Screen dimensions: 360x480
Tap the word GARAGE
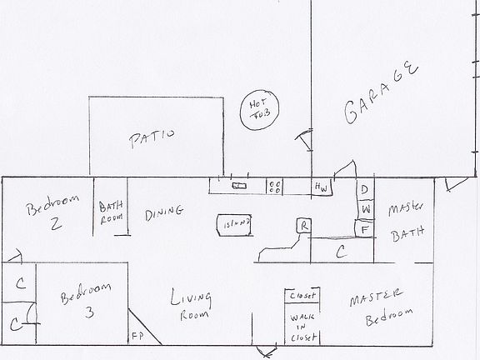(x=379, y=93)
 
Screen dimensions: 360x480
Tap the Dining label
(x=163, y=212)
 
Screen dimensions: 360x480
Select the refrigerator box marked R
(x=305, y=225)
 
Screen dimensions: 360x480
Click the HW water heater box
(x=320, y=187)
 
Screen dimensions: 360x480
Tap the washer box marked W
(x=364, y=207)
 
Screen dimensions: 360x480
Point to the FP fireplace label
(x=137, y=337)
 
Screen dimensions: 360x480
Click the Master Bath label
(x=405, y=218)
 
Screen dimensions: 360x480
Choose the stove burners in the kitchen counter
(x=276, y=187)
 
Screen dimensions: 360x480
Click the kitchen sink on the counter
(x=240, y=186)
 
